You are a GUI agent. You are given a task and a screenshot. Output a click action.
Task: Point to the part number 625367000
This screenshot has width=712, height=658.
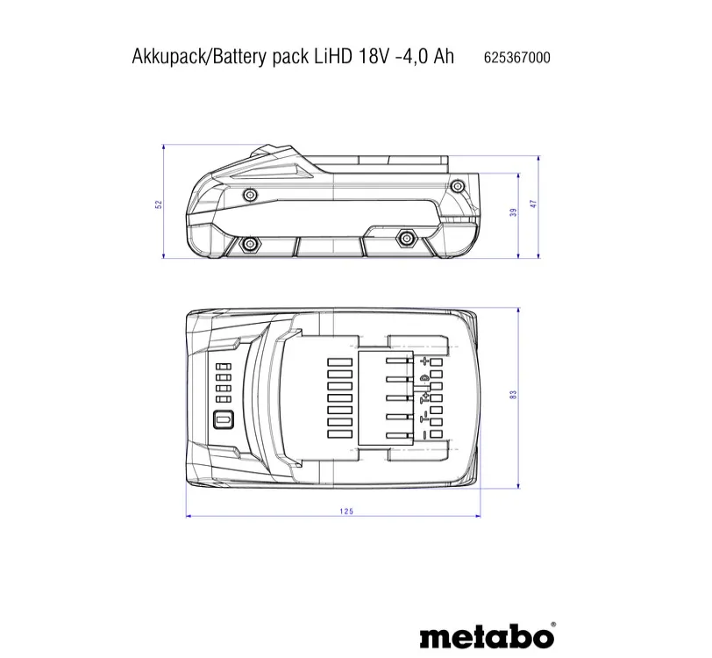[516, 58]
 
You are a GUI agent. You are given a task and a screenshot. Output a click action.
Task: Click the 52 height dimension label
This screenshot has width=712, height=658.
[159, 204]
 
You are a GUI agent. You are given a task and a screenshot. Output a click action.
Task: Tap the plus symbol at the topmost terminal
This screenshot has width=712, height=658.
[426, 361]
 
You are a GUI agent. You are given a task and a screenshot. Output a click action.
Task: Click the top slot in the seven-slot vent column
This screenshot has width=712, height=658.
[337, 361]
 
